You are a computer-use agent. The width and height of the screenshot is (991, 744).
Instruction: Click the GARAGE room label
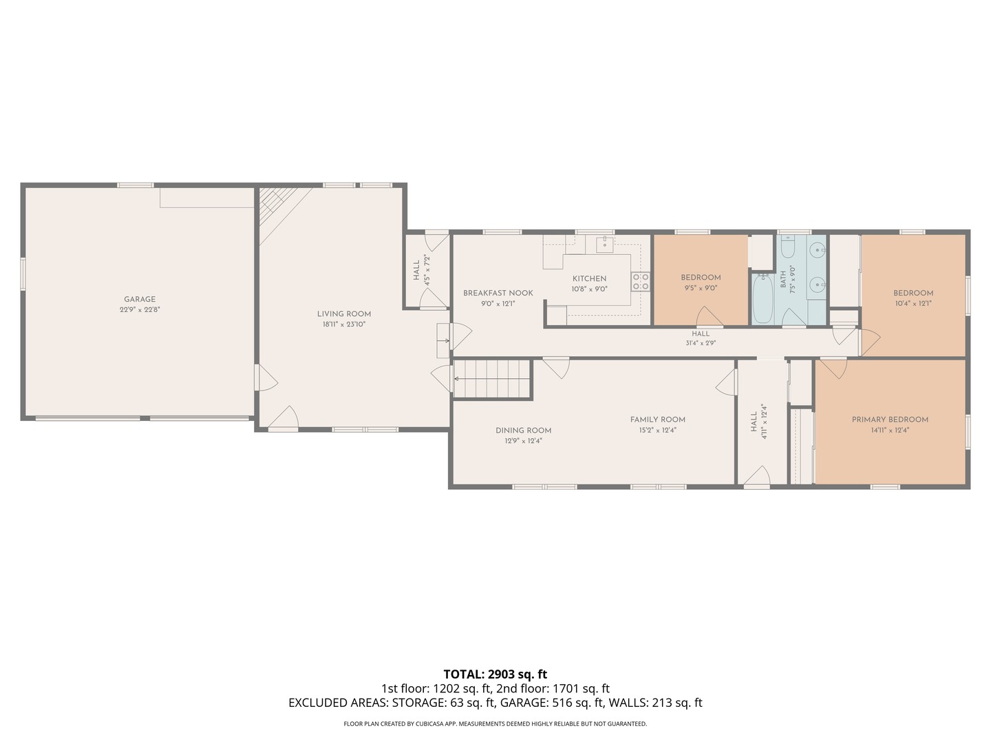(x=140, y=299)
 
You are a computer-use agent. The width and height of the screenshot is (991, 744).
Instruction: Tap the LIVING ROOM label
(x=344, y=314)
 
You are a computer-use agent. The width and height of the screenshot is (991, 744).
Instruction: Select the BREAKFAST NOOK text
(x=498, y=293)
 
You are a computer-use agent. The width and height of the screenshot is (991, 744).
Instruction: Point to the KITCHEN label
(x=589, y=279)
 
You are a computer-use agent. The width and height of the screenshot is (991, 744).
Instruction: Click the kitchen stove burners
(x=641, y=281)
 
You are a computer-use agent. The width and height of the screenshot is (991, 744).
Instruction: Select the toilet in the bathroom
(x=788, y=247)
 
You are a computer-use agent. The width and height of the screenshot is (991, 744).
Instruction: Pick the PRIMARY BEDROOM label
(x=890, y=420)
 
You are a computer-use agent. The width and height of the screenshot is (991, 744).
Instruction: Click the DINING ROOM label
(x=523, y=431)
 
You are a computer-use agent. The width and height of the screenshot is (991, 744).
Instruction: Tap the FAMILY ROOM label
(x=658, y=420)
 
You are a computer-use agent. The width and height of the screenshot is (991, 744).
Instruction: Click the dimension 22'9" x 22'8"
(x=140, y=310)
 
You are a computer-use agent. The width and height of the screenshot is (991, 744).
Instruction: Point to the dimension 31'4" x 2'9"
(x=701, y=343)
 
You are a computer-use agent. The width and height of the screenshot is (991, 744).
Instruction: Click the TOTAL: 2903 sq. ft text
(x=495, y=674)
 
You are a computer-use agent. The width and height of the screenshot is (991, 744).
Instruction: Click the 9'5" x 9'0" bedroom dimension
(x=701, y=288)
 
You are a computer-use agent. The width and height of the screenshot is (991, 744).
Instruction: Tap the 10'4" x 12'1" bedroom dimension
(x=913, y=304)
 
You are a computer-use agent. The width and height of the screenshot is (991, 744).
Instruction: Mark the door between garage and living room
(x=266, y=378)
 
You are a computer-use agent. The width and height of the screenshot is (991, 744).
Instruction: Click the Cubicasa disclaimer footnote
(x=495, y=723)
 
